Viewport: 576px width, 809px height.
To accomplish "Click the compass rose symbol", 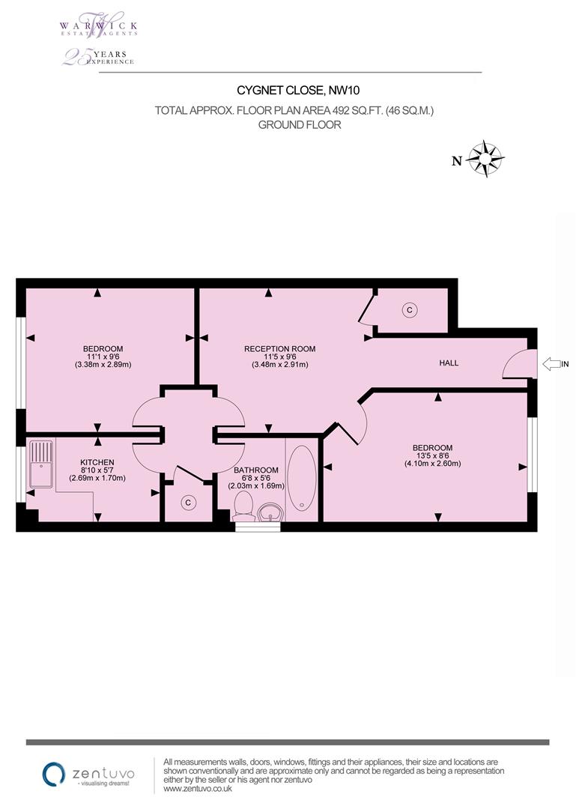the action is tap(485, 158).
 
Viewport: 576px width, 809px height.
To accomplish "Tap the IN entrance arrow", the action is tap(552, 364).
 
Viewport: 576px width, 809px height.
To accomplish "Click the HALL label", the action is tap(449, 363).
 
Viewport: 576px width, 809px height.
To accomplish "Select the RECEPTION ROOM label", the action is tap(279, 349).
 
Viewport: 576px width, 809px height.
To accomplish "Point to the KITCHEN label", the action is tap(97, 462).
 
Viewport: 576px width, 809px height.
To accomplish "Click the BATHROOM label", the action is tap(256, 470).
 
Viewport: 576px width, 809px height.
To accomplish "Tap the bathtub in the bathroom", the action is tap(301, 478).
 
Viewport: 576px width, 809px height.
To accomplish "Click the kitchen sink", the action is tap(41, 464).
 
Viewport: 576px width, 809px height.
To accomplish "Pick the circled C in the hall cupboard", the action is tap(409, 310).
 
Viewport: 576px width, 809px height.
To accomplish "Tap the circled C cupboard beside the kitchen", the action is tap(188, 503).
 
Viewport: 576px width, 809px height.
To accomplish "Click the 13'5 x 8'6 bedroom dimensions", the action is tap(432, 455).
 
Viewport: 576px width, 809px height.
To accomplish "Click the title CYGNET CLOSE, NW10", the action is tap(298, 91).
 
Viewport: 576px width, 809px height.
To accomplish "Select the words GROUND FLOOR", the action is tap(300, 125).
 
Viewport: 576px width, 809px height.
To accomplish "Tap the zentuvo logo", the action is tap(88, 774).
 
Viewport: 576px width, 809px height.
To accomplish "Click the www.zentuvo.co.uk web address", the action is tap(198, 789).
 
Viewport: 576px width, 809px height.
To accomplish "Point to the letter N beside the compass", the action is tap(457, 161).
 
